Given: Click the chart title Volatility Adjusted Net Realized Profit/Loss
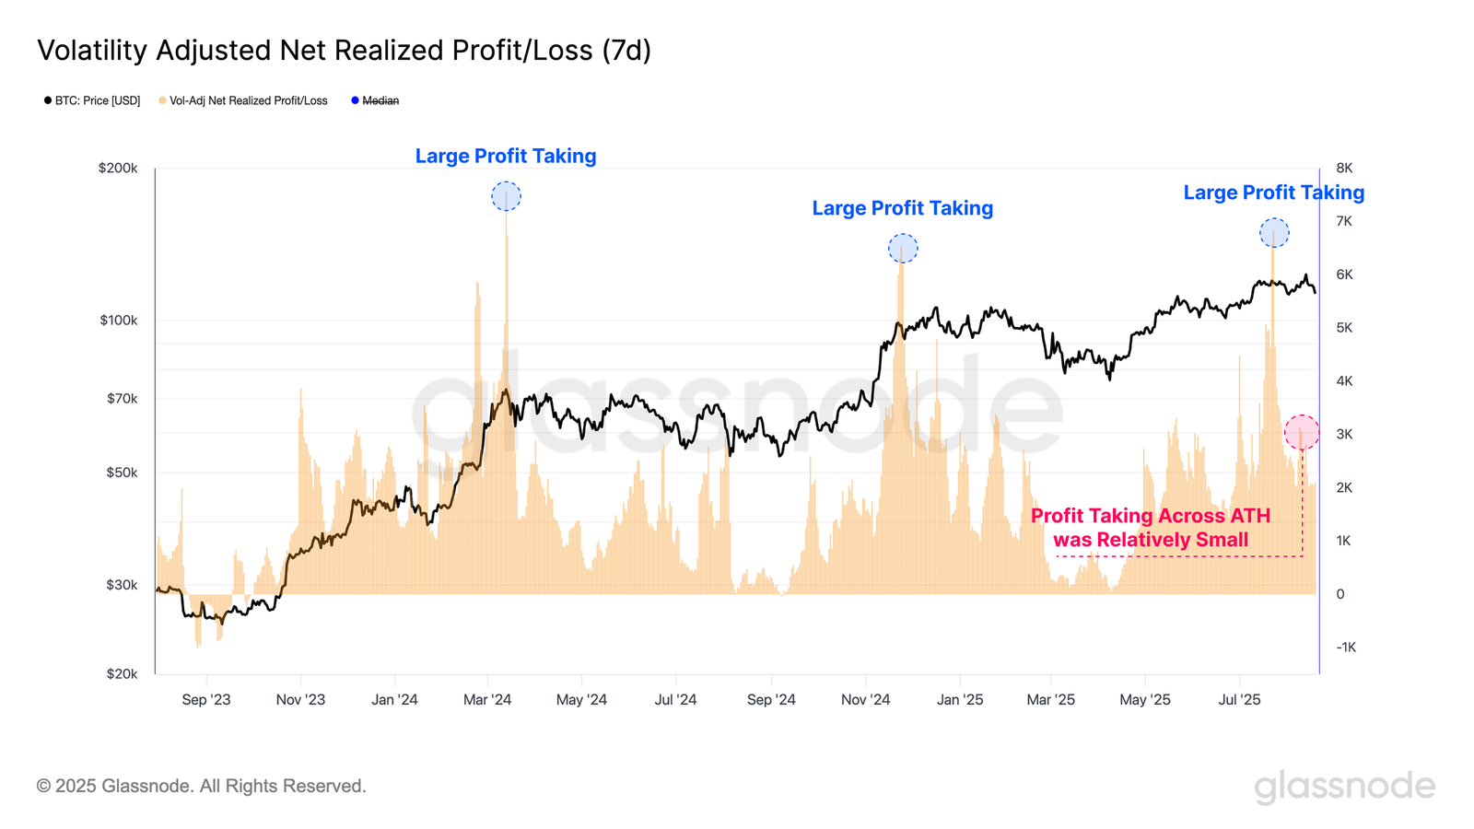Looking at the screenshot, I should pos(344,50).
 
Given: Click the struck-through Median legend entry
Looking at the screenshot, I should pos(380,100).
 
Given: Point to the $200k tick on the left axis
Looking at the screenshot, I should pos(118,169).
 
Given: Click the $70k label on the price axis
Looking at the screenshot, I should pos(122,399).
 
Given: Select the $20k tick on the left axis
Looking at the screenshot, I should pos(122,674).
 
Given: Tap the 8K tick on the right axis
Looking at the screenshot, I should pos(1344,169).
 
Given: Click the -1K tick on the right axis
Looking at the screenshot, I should pos(1346,648).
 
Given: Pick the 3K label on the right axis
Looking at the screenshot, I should pos(1344,434).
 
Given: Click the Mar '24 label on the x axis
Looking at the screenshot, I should pos(487,700).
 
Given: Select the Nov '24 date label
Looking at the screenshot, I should pos(865,700).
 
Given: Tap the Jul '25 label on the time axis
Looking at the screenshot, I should pos(1239,700).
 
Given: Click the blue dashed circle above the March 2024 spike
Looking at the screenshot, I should pos(506,196).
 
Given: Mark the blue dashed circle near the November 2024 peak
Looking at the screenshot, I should pos(903,249).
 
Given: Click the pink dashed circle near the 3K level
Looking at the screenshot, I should pos(1302,432).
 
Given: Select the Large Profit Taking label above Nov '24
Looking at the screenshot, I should pos(902,208).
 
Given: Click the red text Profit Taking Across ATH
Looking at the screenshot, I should pos(1150,516).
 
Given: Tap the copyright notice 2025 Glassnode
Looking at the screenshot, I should pos(201,786).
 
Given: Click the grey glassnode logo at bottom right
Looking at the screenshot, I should pos(1344,787).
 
